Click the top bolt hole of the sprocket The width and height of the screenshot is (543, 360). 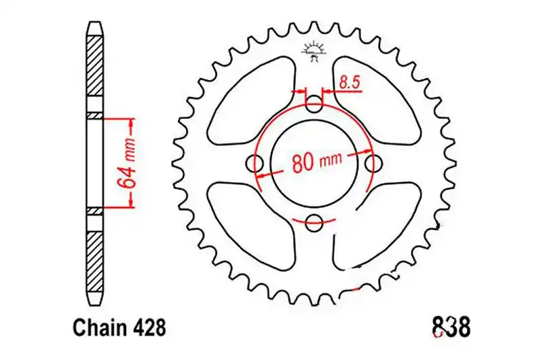click(314, 104)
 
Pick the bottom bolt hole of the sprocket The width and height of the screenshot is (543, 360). click(314, 222)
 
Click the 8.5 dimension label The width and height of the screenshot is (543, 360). click(349, 83)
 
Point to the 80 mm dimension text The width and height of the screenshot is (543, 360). click(316, 162)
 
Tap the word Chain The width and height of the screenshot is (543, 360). click(101, 328)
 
